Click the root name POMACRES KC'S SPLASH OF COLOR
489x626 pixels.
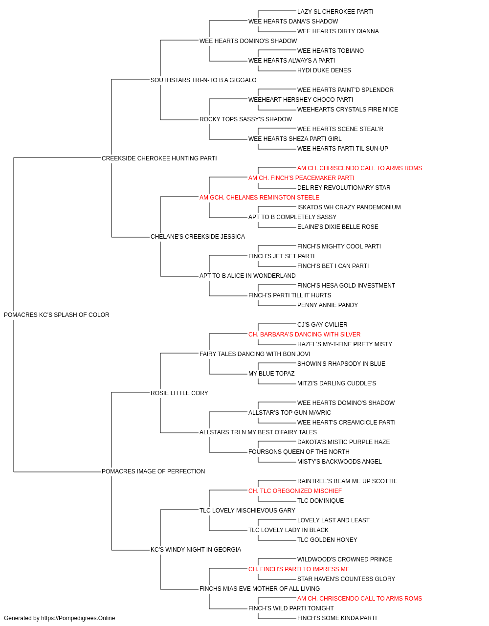(56, 315)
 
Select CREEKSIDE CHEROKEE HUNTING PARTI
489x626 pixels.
(159, 158)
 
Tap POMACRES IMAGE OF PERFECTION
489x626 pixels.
(153, 471)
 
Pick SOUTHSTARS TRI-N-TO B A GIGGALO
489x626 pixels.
(203, 80)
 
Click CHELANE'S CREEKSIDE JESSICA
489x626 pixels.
(198, 237)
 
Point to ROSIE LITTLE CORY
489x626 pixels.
(179, 393)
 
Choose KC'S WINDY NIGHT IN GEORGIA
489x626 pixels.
(196, 550)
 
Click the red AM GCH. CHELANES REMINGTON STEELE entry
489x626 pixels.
(259, 198)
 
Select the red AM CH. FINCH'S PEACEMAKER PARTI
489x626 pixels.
(301, 178)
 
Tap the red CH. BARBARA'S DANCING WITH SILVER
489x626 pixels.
(304, 335)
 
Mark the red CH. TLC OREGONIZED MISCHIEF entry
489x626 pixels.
(295, 491)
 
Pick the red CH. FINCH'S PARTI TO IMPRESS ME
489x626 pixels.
(299, 569)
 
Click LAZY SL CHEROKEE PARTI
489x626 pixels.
(335, 12)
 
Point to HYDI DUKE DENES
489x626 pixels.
(324, 70)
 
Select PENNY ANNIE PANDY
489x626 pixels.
(328, 305)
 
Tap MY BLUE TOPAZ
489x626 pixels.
(271, 374)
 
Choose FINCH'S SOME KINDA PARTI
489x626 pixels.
(337, 618)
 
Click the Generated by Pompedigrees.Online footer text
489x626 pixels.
(59, 618)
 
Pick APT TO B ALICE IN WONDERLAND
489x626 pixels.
(247, 276)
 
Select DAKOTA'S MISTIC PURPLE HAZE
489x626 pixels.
(344, 442)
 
